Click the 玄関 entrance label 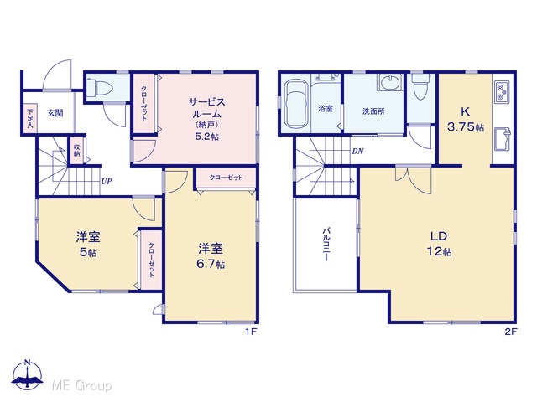point(55,113)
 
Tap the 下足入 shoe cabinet point(30,118)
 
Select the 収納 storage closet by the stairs point(76,151)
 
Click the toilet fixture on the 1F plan point(99,87)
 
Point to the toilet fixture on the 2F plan point(421,85)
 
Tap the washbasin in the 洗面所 point(389,82)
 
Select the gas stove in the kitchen point(502,92)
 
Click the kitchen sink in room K point(502,139)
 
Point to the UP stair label point(107,182)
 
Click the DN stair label point(357,151)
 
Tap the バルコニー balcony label point(326,244)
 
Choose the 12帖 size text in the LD point(439,252)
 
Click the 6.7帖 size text point(211,265)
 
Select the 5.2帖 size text point(207,137)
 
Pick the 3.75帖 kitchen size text point(466,127)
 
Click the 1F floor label point(251,332)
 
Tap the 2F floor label point(511,332)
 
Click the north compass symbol point(28,374)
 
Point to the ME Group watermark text point(81,385)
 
